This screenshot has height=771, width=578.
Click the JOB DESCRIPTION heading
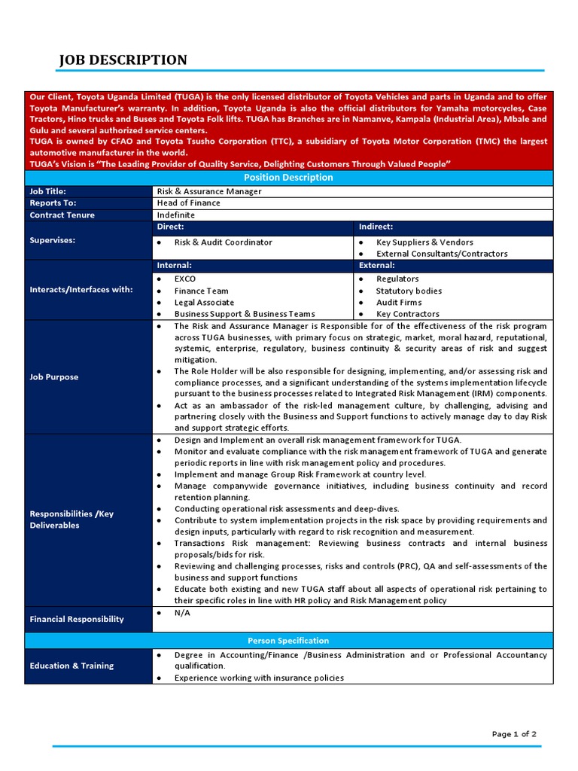pos(123,60)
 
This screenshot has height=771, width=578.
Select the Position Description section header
pos(288,178)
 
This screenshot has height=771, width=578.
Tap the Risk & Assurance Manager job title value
pos(209,191)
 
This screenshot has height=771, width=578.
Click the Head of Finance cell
pos(189,203)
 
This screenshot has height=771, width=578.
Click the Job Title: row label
pos(48,191)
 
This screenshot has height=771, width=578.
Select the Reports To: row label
pos(53,203)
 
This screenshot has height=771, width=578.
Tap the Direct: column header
pos(170,227)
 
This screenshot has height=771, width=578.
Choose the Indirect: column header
pos(376,227)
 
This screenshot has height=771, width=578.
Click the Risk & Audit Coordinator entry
pos(223,242)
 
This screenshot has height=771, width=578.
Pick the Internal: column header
pos(174,266)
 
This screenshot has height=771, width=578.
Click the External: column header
pos(376,266)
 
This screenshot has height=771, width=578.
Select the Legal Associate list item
pos(204,303)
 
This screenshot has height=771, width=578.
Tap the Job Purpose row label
pos(54,377)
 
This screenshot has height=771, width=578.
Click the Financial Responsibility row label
pos(77,619)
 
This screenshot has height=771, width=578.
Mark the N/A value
pos(182,613)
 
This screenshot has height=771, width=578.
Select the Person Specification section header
pos(288,641)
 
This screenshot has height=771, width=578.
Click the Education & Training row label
pos(71,666)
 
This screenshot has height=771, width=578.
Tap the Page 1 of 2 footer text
pos(514,734)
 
